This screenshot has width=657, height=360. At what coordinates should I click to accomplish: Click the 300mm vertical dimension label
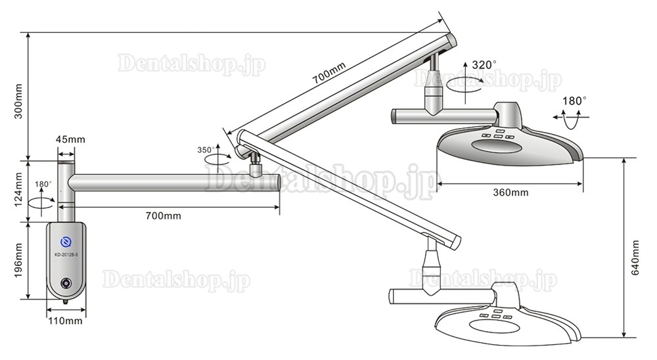tap(18, 101)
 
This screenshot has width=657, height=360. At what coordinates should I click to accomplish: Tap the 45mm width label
tap(70, 139)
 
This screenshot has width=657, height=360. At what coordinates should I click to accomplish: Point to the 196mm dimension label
tap(19, 260)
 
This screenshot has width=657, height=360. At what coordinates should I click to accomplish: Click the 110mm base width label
tap(65, 321)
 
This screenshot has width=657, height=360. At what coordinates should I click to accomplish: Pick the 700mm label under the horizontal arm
tap(164, 216)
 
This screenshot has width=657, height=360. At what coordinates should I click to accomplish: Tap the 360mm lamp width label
tap(510, 192)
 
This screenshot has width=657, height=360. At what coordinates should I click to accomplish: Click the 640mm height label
tap(635, 258)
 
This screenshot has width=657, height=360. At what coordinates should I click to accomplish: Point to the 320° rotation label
tap(484, 64)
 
